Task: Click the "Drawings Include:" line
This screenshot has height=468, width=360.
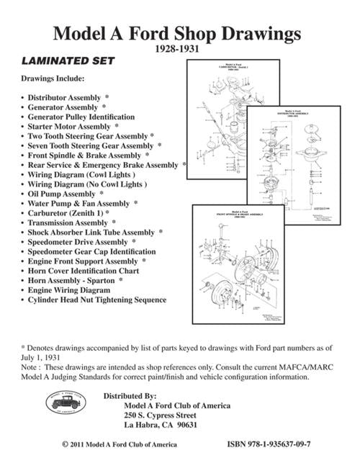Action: pyautogui.click(x=53, y=78)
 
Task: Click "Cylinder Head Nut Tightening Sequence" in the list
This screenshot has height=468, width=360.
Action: pyautogui.click(x=96, y=300)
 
